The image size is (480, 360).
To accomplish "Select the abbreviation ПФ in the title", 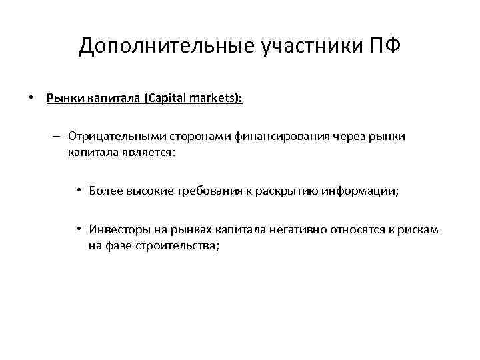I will tap(384, 46).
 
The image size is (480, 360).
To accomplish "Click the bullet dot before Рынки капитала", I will tap(31, 99).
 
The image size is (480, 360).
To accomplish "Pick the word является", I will tap(152, 152).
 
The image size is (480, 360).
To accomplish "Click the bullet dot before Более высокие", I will tap(78, 191).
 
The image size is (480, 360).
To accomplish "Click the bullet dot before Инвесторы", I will tap(78, 229).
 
